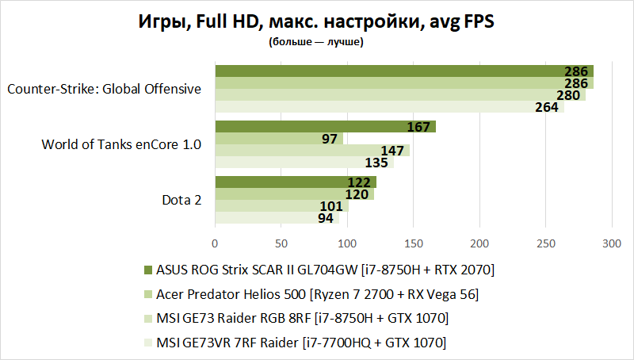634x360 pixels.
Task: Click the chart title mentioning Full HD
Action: [x=316, y=22]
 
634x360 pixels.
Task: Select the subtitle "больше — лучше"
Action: [x=316, y=42]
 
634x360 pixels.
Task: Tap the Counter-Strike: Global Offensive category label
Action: [x=104, y=89]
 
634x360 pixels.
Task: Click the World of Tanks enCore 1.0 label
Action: [x=121, y=144]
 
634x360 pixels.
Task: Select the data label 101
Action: [x=332, y=206]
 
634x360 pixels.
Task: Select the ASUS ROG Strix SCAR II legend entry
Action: [x=325, y=271]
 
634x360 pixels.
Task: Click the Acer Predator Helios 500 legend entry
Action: [x=317, y=295]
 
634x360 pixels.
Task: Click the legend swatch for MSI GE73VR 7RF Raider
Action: [x=148, y=343]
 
